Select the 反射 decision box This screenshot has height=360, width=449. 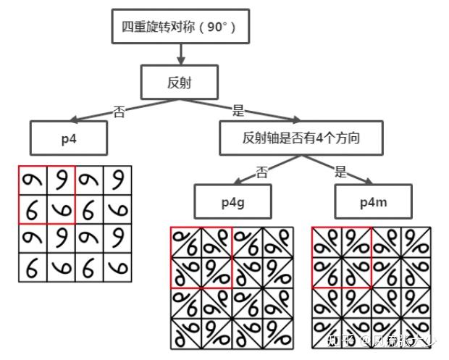pos(180,83)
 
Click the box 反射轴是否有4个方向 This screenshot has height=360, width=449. pos(301,138)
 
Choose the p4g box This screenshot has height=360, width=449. pos(232,202)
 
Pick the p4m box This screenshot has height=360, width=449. pos(373,202)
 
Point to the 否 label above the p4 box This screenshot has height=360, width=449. pos(120,112)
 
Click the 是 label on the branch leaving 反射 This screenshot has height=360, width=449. pos(238,111)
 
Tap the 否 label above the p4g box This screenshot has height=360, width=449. pos(263,172)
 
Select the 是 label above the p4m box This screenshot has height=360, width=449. pos(341,172)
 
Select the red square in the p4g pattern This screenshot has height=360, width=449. pos(201,257)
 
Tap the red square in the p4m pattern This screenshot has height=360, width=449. pos(341,257)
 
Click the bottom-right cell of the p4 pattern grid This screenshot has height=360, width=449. pos(117,267)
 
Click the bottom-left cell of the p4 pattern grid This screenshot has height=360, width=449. pos(33,267)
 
